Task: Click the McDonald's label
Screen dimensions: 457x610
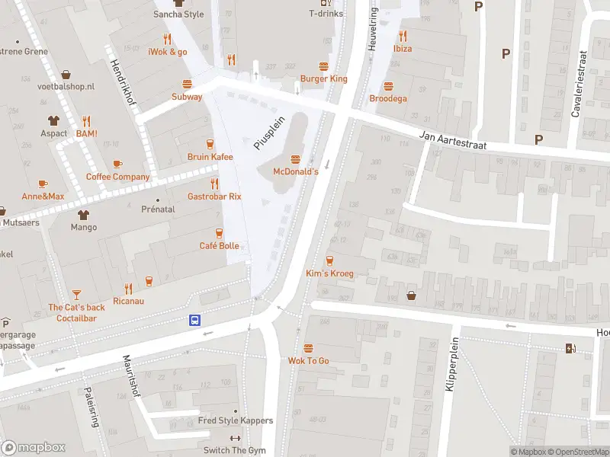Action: click(296, 172)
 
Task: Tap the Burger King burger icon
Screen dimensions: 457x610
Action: click(323, 66)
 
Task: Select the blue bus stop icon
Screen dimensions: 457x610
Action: click(195, 321)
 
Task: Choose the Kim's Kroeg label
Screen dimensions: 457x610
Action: click(329, 273)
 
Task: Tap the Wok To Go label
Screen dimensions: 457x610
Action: click(308, 360)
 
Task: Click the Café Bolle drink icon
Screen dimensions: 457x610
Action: click(220, 233)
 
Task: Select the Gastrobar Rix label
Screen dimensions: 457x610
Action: click(214, 196)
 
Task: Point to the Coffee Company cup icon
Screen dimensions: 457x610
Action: click(117, 165)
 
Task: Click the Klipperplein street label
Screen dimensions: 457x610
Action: click(450, 364)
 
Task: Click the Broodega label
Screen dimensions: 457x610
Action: click(388, 98)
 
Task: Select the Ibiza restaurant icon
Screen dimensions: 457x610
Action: click(403, 36)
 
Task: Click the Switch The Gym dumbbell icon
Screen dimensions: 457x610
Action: click(235, 439)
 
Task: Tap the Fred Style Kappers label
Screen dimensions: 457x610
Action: click(235, 420)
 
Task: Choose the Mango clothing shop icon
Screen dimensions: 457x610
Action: click(84, 215)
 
